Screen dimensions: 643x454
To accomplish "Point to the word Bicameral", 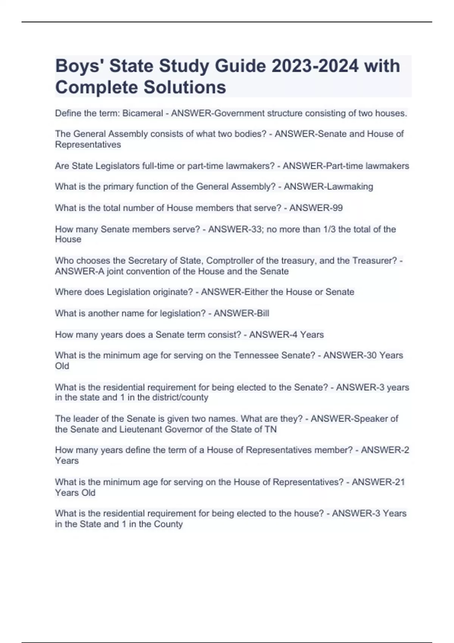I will tap(143, 113).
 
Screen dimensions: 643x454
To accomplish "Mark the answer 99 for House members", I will tap(337, 208).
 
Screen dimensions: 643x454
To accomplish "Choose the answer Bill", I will tap(263, 314).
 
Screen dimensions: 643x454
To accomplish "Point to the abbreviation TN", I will tap(271, 429).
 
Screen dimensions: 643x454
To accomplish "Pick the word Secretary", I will tap(146, 261).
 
